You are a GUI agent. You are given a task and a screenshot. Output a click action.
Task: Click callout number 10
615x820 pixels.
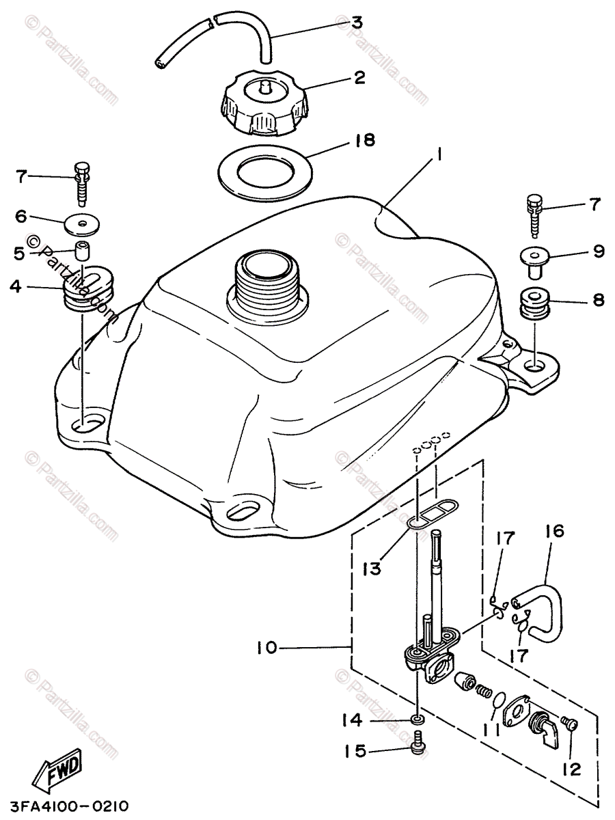268,646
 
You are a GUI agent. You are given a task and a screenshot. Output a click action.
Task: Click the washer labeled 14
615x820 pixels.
416,720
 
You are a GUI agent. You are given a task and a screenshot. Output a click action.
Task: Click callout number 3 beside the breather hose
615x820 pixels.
356,23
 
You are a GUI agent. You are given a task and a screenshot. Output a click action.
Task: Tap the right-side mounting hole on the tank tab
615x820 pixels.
536,364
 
